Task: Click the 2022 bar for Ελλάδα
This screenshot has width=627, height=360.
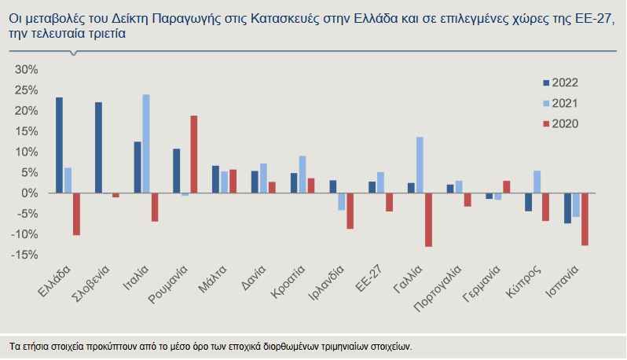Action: pyautogui.click(x=60, y=145)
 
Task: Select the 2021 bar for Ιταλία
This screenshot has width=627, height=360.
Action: pyautogui.click(x=146, y=144)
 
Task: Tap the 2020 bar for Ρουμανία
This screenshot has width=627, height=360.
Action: pyautogui.click(x=194, y=155)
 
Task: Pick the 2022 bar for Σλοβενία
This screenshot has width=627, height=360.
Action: pyautogui.click(x=98, y=148)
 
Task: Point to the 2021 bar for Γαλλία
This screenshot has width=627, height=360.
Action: pyautogui.click(x=420, y=165)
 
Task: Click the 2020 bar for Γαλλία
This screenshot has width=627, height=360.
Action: pyautogui.click(x=428, y=220)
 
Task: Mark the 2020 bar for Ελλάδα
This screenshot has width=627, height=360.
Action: pyautogui.click(x=76, y=214)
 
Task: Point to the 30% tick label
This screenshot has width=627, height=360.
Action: pyautogui.click(x=27, y=70)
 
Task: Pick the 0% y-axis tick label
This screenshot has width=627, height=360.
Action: pyautogui.click(x=29, y=193)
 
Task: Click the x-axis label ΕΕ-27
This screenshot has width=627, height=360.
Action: pyautogui.click(x=369, y=277)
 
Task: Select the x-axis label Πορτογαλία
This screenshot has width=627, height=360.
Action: pyautogui.click(x=442, y=287)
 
